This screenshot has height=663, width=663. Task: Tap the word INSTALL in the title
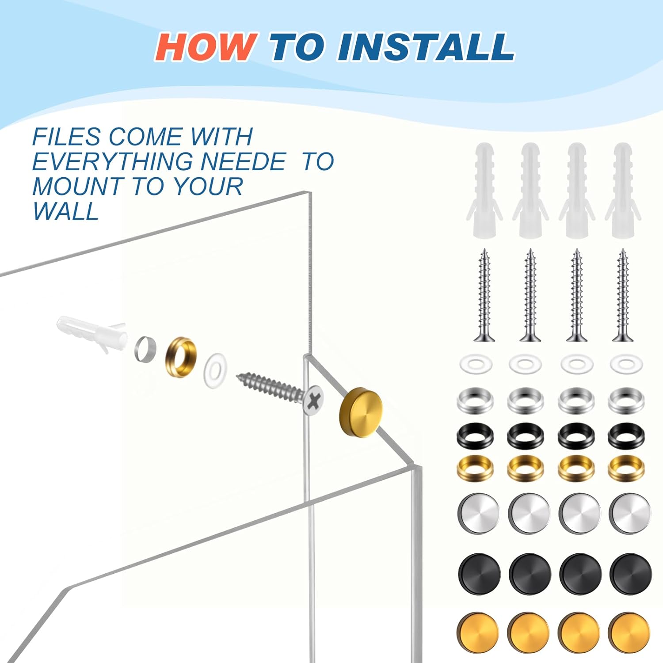426,46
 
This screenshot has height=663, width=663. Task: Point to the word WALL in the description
65,211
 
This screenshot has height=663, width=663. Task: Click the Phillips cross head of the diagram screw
313,400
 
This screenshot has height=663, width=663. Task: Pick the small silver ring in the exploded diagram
145,349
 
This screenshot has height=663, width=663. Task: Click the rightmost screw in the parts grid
623,295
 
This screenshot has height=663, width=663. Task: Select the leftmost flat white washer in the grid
476,364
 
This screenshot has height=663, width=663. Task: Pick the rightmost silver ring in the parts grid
626,400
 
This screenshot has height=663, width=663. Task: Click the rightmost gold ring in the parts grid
626,468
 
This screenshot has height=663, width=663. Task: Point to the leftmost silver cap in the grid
479,513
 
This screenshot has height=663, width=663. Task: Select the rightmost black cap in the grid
630,573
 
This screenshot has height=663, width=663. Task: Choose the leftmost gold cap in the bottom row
478,633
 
